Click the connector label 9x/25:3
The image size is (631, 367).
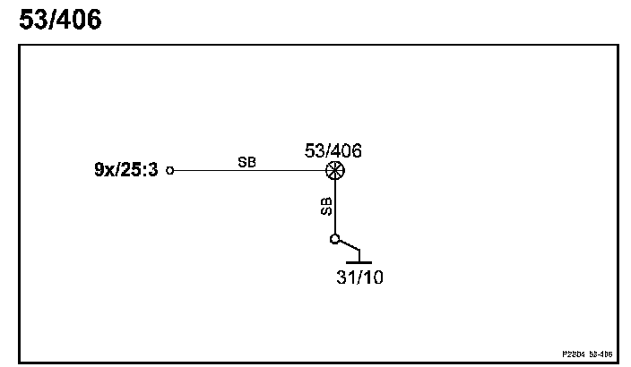point(126,169)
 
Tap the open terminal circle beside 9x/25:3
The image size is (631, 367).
point(171,169)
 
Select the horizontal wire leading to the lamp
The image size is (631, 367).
point(251,169)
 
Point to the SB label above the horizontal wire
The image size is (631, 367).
point(246,162)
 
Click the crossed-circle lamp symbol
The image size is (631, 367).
point(334,169)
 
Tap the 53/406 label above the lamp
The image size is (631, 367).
point(333,150)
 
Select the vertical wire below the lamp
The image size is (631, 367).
point(334,206)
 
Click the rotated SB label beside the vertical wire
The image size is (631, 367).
point(326,207)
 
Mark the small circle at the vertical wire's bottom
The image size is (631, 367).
point(334,239)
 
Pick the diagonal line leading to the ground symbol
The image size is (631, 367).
point(347,245)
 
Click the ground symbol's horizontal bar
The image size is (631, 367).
point(359,262)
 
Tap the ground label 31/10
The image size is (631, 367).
point(359,277)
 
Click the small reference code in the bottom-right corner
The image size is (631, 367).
point(587,354)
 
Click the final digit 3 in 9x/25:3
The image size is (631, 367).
point(153,169)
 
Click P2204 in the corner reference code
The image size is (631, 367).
point(575,354)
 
